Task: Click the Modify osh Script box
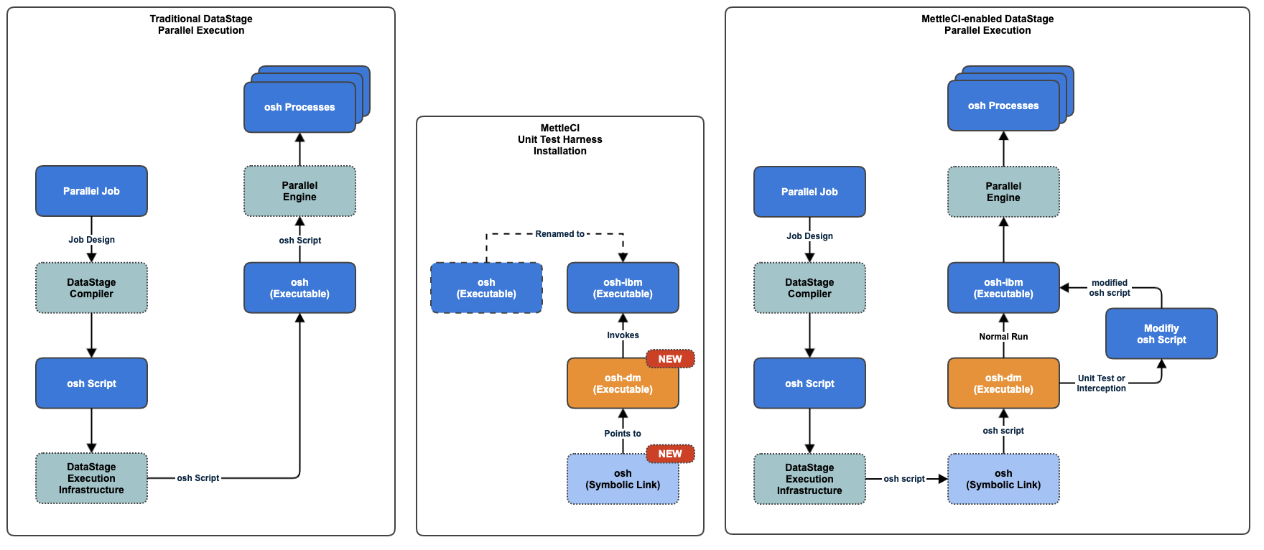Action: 1161,334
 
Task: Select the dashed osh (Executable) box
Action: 486,288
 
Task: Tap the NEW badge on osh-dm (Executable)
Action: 669,359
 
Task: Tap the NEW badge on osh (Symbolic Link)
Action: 669,454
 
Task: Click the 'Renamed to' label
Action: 559,234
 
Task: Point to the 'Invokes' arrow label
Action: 623,335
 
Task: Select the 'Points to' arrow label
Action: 623,434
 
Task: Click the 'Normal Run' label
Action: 1003,337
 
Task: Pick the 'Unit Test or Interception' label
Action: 1101,383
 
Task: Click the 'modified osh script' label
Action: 1109,288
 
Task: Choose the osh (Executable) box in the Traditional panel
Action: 299,288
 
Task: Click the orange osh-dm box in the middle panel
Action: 623,383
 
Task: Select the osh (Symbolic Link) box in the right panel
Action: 1003,479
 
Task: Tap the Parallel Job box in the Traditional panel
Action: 91,191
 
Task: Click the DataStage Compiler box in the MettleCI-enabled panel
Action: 809,288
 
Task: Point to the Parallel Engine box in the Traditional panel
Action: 299,191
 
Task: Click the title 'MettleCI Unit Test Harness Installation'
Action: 559,139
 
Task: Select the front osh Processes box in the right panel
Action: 1003,106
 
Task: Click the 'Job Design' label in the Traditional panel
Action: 91,240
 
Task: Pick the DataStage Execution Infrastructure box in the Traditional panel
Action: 91,478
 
